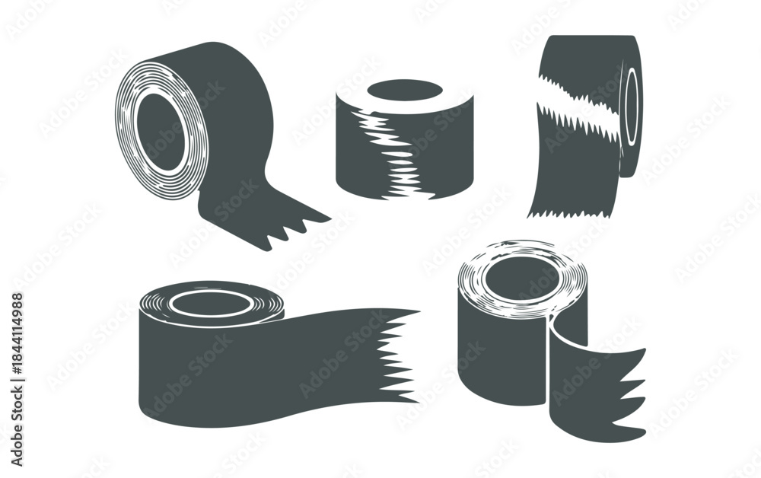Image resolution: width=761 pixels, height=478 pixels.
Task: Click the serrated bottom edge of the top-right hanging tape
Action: pos(571,212)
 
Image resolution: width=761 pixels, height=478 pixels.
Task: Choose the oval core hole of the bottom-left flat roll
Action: pos(210,304)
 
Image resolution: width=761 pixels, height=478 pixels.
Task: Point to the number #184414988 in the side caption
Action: pos(17,331)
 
